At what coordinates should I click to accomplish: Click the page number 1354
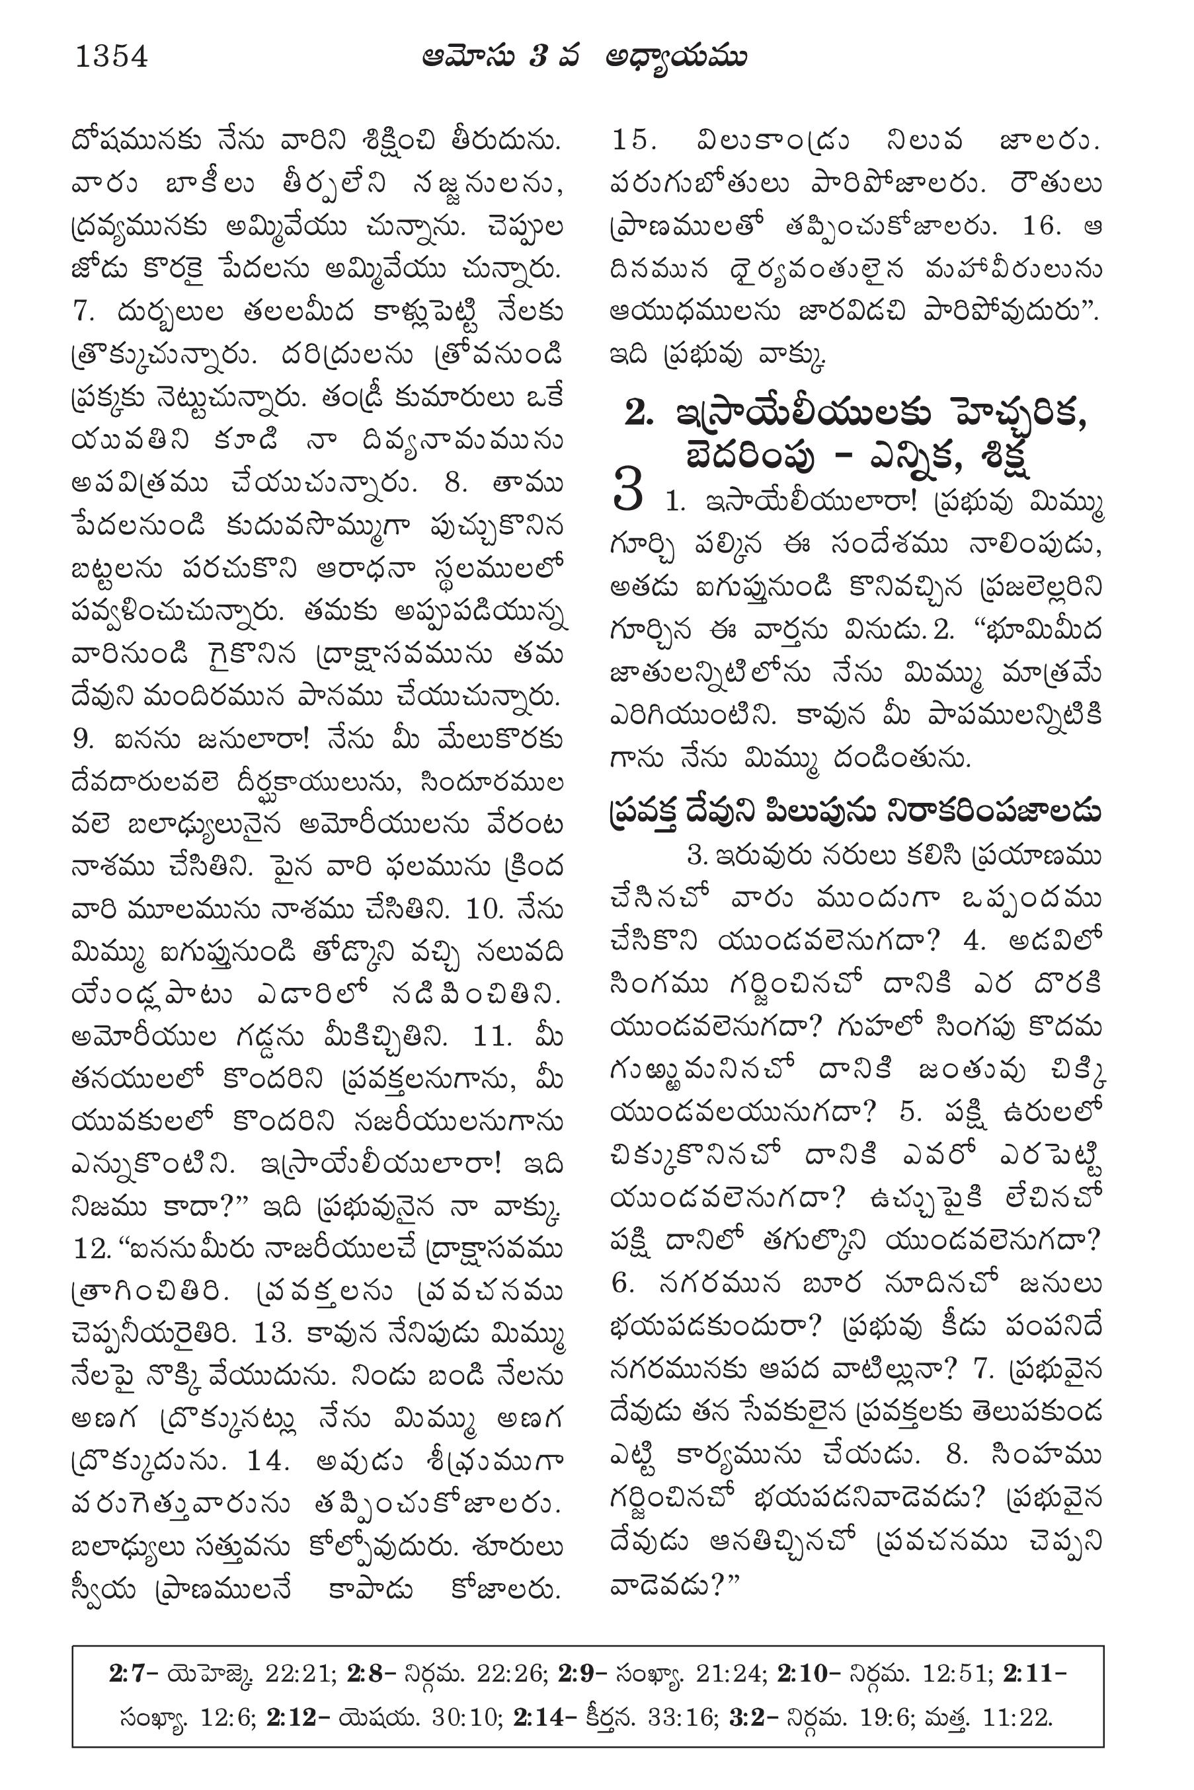point(111,57)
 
